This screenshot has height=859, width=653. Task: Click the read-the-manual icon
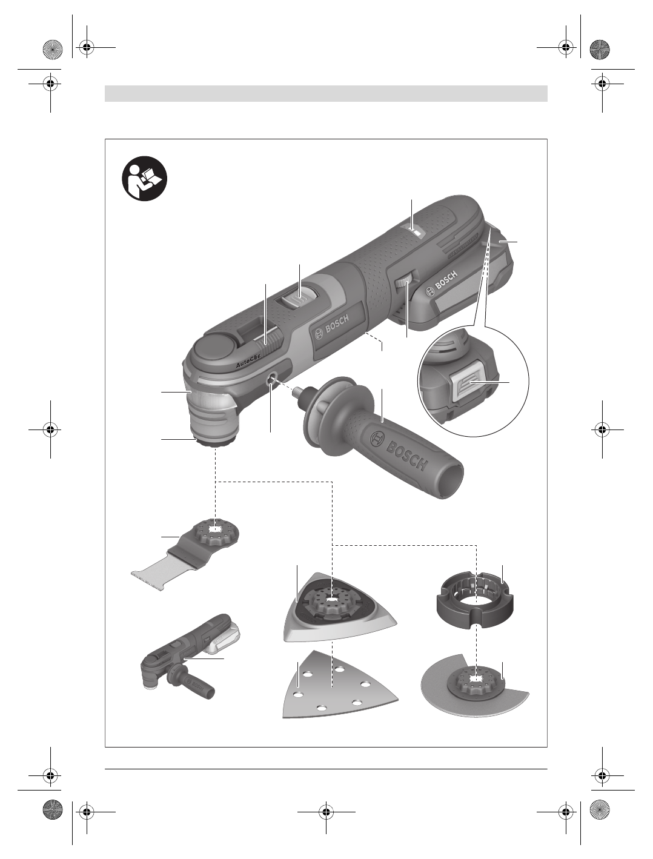coord(145,179)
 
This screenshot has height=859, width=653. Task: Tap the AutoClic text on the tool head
coord(248,360)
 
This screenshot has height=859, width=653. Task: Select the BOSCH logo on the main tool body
coord(331,327)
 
